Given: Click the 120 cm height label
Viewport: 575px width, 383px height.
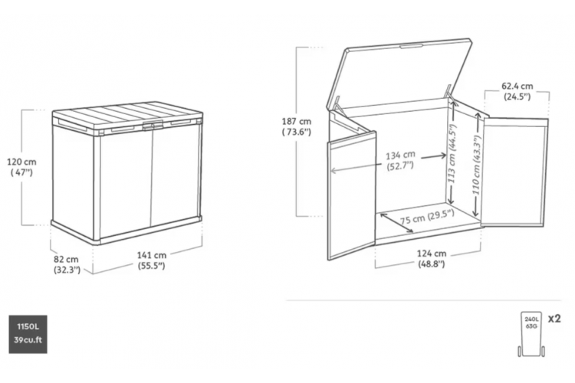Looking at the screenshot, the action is pyautogui.click(x=21, y=167).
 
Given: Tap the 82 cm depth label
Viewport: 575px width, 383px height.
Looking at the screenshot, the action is pyautogui.click(x=67, y=264).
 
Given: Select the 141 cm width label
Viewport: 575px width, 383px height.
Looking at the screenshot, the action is pyautogui.click(x=152, y=260).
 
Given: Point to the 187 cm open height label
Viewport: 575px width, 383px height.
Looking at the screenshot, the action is pyautogui.click(x=296, y=126).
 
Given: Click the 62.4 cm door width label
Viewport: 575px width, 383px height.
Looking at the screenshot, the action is pyautogui.click(x=517, y=91).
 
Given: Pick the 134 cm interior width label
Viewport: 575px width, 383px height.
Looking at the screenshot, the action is pyautogui.click(x=400, y=160).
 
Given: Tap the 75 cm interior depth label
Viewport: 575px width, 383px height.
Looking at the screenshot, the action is pyautogui.click(x=427, y=217).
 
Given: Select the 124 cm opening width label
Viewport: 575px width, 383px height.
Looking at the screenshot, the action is pyautogui.click(x=432, y=259).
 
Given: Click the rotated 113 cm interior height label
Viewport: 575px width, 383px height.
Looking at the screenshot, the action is pyautogui.click(x=452, y=153).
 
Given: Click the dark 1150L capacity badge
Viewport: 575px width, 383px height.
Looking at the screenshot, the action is pyautogui.click(x=28, y=334).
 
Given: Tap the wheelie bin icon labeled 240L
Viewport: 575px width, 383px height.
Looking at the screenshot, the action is pyautogui.click(x=531, y=334).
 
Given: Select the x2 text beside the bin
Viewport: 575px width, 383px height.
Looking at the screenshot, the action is pyautogui.click(x=554, y=319).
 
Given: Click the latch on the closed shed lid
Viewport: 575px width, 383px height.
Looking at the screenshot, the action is pyautogui.click(x=153, y=126).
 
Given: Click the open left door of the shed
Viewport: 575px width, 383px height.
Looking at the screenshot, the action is pyautogui.click(x=352, y=195).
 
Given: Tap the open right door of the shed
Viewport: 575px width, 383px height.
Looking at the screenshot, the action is pyautogui.click(x=514, y=172).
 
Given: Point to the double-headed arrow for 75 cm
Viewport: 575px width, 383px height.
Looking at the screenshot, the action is pyautogui.click(x=397, y=223).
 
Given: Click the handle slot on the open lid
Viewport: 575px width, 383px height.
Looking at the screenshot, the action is pyautogui.click(x=411, y=46).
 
